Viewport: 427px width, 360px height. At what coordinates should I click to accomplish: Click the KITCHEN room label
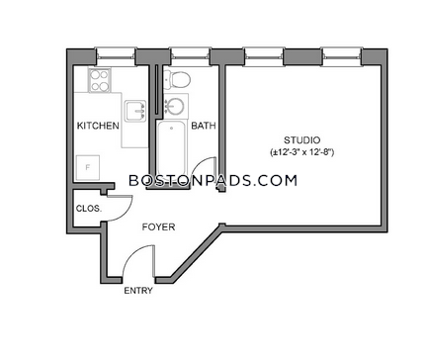click(x=98, y=126)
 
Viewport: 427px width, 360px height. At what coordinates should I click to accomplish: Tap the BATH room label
click(x=204, y=126)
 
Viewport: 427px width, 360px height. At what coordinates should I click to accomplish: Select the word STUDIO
click(x=301, y=140)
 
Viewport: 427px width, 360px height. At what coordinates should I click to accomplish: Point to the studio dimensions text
click(x=301, y=152)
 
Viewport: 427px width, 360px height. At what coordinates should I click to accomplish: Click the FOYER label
click(x=158, y=226)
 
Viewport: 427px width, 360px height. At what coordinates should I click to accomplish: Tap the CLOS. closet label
click(x=89, y=209)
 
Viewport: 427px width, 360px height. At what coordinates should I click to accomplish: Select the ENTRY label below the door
click(x=138, y=291)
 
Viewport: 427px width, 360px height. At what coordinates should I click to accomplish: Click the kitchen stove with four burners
click(x=99, y=80)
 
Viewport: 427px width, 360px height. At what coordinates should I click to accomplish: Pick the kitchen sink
click(x=135, y=111)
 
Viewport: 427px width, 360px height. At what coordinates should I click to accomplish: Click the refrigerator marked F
click(x=88, y=167)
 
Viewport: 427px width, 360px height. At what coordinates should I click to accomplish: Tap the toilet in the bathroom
click(x=177, y=79)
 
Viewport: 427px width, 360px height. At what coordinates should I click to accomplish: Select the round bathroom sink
click(x=175, y=105)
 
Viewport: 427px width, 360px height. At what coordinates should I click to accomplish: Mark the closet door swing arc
click(x=127, y=212)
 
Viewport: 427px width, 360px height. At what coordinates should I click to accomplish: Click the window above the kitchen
click(x=116, y=52)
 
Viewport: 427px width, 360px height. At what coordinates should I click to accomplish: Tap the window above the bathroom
click(x=191, y=52)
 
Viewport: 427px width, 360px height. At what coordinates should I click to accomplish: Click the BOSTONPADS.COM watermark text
click(x=213, y=181)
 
